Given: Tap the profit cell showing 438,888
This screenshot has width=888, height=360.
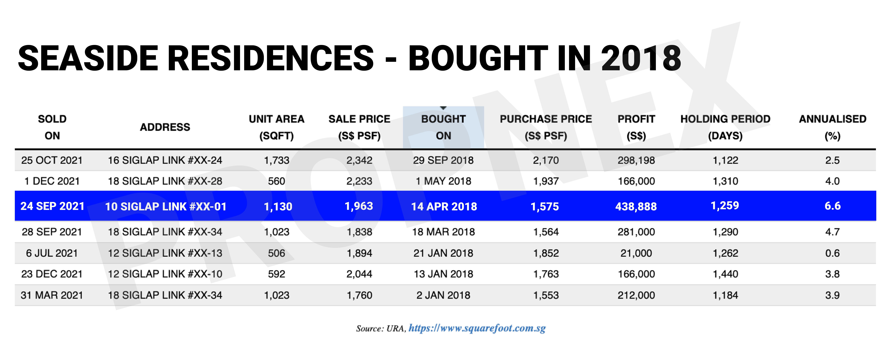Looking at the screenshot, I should [636, 206].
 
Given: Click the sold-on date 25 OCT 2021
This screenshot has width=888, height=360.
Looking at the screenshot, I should [52, 160].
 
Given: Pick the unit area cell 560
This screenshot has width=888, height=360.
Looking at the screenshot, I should [276, 181].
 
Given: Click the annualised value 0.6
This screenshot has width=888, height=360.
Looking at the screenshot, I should [832, 253].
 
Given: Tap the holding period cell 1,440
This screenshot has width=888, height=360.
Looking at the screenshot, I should [725, 274].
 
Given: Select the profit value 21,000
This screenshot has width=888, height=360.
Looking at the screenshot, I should [636, 253].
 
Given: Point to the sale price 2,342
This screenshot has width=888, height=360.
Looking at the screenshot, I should [359, 160].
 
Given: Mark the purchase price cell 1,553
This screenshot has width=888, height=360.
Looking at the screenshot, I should [546, 295].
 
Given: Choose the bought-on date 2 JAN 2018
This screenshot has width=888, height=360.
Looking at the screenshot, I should [443, 295].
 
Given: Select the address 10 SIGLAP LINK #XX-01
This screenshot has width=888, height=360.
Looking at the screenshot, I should [165, 206].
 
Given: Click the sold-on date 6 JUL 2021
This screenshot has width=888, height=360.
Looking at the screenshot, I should [52, 253].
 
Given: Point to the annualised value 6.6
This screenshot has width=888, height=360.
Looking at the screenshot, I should [832, 206].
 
